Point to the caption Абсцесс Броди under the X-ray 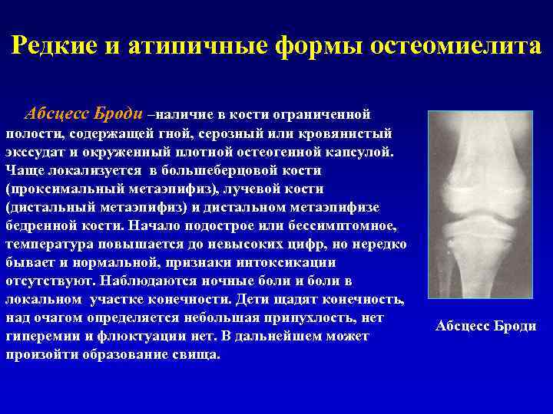tap(485, 327)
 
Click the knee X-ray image tap(480, 204)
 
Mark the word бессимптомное tap(343, 225)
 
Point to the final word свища tap(197, 354)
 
